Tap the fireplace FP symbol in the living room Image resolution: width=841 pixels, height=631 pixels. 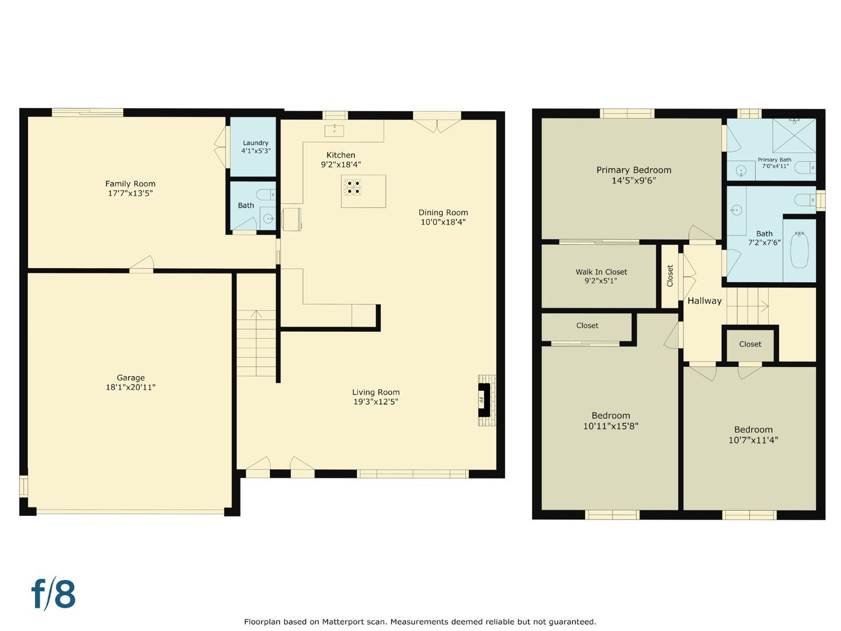482,401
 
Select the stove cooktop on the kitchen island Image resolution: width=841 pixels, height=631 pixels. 353,186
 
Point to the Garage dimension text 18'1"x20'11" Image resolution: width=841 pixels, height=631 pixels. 130,387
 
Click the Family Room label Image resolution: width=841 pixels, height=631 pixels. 130,183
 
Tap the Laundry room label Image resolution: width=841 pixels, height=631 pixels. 255,143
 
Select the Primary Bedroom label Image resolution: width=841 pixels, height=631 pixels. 634,170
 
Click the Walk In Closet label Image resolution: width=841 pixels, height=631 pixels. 601,272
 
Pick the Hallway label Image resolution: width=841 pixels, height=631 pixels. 704,301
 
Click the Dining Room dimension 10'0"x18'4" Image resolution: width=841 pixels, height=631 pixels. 443,222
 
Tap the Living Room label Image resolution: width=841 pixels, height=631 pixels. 376,392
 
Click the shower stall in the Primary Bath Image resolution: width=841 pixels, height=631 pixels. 794,135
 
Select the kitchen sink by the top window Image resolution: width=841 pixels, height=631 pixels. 334,130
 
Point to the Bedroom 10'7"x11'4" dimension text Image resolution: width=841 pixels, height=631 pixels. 753,441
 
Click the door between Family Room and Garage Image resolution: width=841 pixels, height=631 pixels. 141,266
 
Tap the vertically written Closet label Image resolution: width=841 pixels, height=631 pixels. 670,276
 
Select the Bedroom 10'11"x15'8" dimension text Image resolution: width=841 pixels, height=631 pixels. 610,427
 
